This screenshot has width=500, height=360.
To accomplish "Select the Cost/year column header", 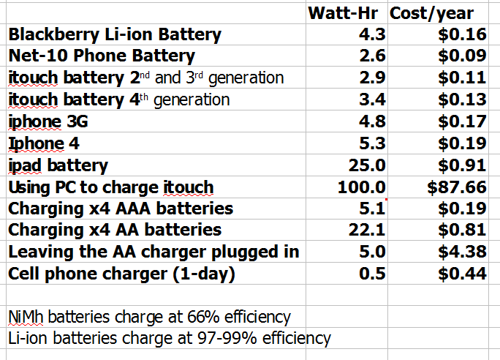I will point(431,13).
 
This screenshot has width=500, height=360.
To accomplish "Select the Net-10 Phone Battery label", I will point(102,56).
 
